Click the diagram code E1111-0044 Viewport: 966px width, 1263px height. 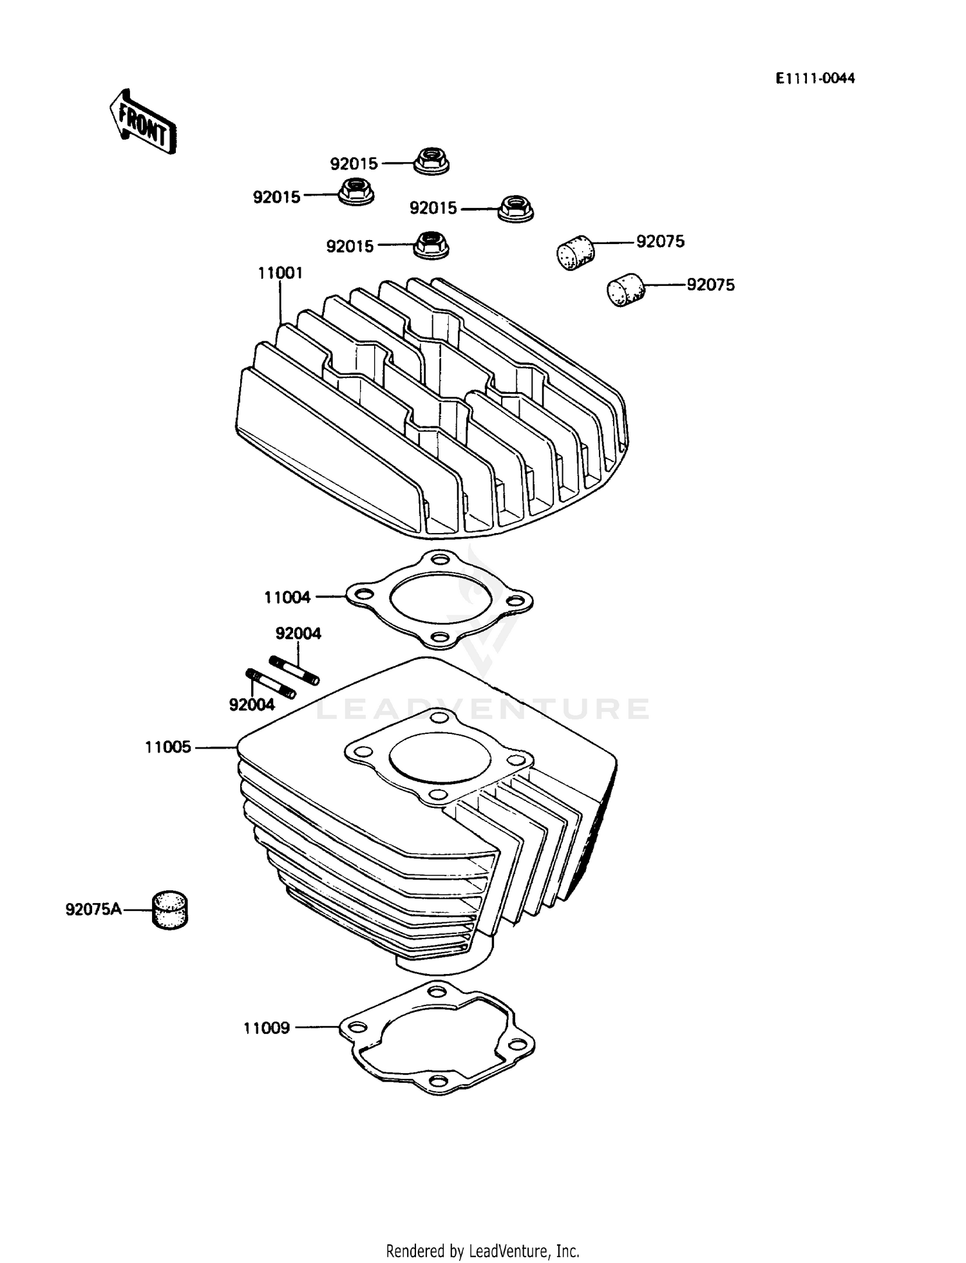tap(815, 79)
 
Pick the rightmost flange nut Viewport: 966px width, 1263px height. tap(516, 207)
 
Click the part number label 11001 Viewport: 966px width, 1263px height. tap(280, 273)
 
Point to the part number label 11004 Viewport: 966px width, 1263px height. tap(287, 597)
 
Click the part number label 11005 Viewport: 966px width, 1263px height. tap(168, 747)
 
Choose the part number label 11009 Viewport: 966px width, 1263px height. tap(267, 1028)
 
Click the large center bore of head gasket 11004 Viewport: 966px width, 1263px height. tap(439, 597)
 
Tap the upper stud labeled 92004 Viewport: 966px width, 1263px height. tap(294, 670)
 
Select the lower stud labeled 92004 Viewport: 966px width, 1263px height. tap(270, 684)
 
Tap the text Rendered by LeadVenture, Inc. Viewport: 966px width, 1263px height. tap(482, 1251)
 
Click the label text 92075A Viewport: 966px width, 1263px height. tap(93, 910)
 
